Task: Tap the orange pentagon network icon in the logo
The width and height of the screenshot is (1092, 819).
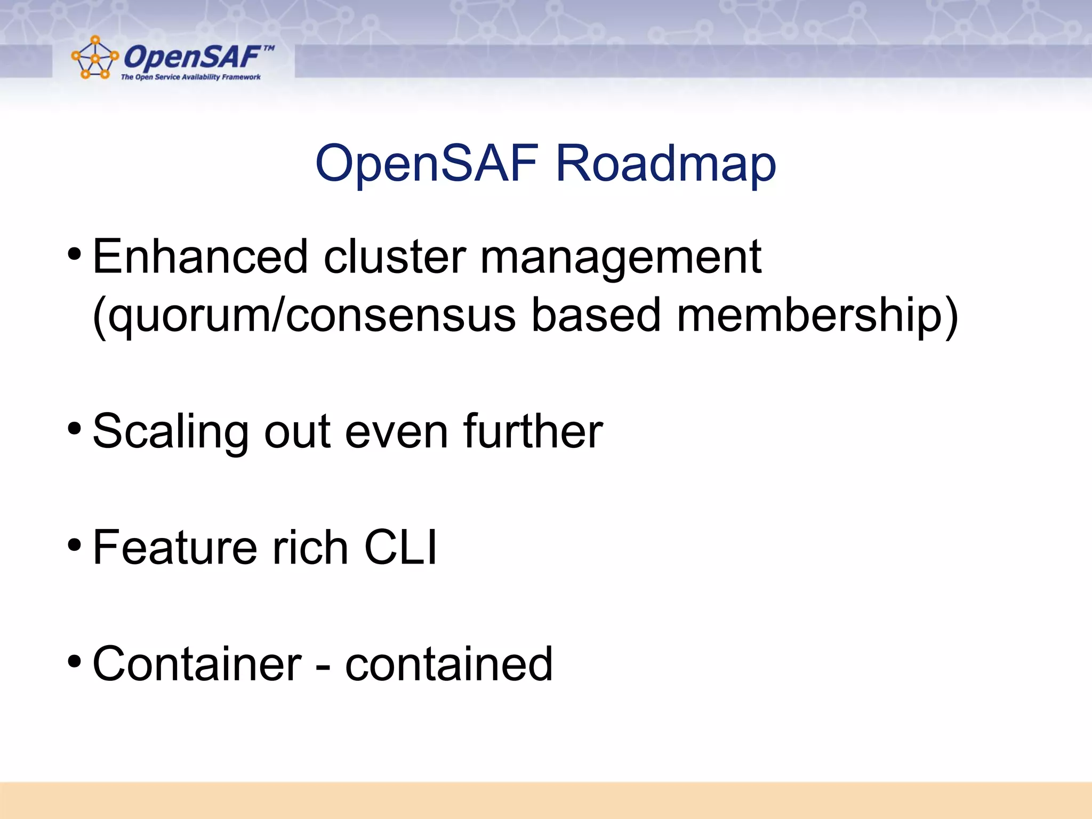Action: pyautogui.click(x=94, y=58)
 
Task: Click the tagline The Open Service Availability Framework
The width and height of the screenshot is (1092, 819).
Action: pyautogui.click(x=190, y=77)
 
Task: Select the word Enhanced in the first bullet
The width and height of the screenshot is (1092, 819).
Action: pyautogui.click(x=200, y=257)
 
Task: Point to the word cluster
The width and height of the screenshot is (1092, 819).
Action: pyautogui.click(x=395, y=257)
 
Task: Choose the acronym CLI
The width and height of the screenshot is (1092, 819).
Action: pyautogui.click(x=400, y=548)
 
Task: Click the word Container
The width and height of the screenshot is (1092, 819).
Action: pyautogui.click(x=197, y=664)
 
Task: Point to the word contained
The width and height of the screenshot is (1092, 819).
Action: pyautogui.click(x=448, y=664)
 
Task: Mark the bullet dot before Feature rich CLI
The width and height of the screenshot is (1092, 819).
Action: pyautogui.click(x=75, y=545)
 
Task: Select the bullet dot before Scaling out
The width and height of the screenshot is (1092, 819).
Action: pyautogui.click(x=75, y=428)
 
